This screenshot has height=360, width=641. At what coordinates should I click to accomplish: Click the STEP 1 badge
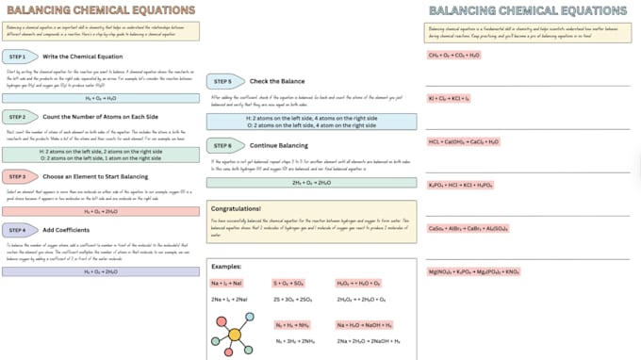(x=19, y=57)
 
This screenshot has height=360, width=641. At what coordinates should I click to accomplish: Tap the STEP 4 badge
(x=19, y=230)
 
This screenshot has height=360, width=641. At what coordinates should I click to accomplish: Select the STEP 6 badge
(x=223, y=146)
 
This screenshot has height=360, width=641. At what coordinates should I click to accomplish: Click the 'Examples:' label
(x=226, y=267)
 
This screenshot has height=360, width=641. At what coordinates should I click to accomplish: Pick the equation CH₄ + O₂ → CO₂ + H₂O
(x=453, y=56)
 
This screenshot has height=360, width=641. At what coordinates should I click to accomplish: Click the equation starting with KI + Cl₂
(x=450, y=98)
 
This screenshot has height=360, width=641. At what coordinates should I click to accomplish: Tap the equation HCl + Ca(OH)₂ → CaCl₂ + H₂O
(x=464, y=141)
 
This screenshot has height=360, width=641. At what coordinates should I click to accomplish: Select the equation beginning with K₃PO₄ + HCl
(x=461, y=185)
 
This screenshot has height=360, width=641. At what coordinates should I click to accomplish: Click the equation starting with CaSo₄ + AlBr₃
(x=468, y=228)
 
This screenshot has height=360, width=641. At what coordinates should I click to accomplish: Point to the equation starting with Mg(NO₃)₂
(x=474, y=271)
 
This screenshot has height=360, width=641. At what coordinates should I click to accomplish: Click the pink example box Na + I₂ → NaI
(x=227, y=283)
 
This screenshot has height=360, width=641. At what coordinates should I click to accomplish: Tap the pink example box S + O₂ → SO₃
(x=288, y=283)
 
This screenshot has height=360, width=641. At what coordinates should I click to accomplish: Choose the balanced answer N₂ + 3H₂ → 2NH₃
(x=294, y=340)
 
